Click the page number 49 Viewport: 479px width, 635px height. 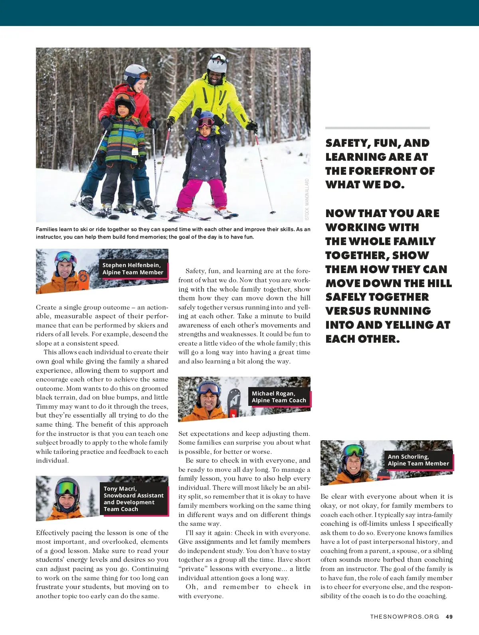tap(449, 617)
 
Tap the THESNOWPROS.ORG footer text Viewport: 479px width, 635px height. tap(404, 617)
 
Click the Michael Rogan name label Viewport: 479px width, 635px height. tap(279, 397)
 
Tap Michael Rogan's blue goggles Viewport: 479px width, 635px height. tap(208, 387)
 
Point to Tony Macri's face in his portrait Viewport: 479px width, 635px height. tap(67, 500)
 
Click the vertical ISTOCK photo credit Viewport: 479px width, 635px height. tap(307, 199)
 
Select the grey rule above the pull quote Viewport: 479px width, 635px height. tap(377, 128)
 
